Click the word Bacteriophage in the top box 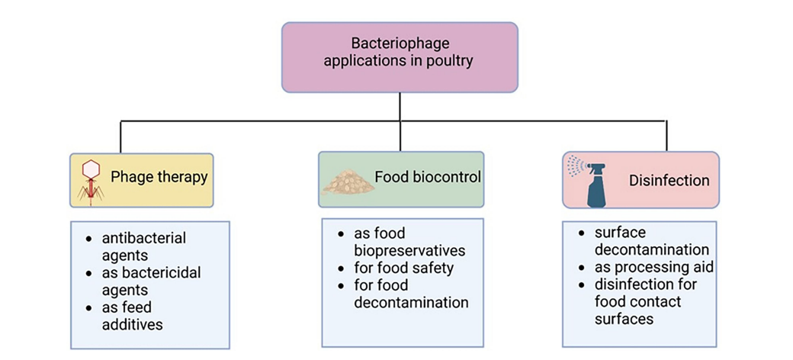(x=400, y=43)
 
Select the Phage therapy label (x=159, y=178)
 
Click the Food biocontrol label (x=428, y=178)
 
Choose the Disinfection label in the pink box (x=669, y=181)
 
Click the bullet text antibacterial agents (x=143, y=246)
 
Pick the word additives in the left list (x=133, y=324)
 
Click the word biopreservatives (x=409, y=250)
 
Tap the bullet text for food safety (x=404, y=268)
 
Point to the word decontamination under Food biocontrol (x=411, y=302)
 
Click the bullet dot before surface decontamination (x=581, y=233)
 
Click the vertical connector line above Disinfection (x=667, y=136)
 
